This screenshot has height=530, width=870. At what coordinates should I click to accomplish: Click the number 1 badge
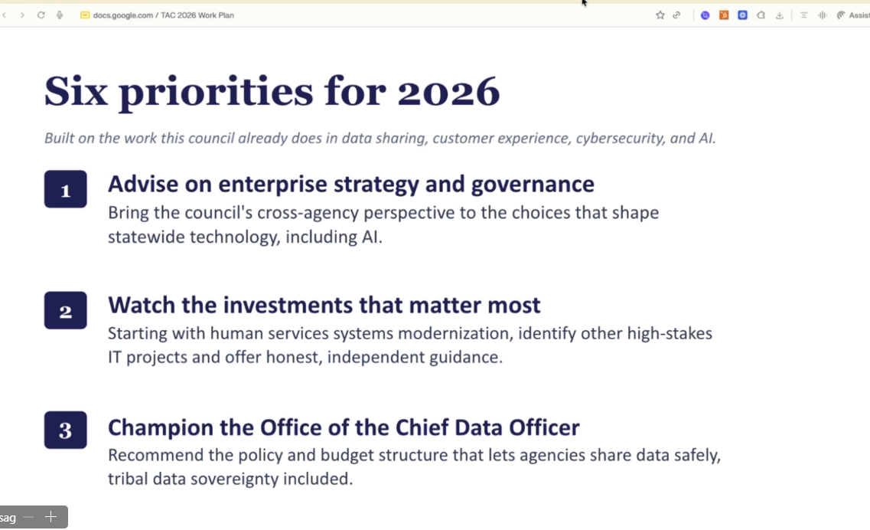pos(66,189)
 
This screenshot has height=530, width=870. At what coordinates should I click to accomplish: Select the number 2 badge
pos(66,310)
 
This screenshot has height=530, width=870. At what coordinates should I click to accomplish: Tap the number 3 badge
pos(66,430)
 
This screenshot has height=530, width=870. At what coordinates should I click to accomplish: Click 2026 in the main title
pos(448,92)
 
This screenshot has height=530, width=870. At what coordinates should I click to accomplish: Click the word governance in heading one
pos(533,185)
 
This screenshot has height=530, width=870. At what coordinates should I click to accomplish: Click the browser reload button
pos(41,15)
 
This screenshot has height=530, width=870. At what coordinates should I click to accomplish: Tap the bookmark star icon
pos(660,15)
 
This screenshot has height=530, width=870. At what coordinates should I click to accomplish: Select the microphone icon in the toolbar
pos(60,15)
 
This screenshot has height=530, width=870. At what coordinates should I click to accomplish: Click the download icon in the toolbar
pos(780,15)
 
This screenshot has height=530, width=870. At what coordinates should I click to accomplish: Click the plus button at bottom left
pos(51,517)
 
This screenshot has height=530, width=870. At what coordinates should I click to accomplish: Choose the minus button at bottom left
pos(29,517)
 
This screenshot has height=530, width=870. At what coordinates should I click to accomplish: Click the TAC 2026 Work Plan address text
pos(197,15)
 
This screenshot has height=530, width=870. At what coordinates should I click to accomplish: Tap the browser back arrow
pos(5,15)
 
